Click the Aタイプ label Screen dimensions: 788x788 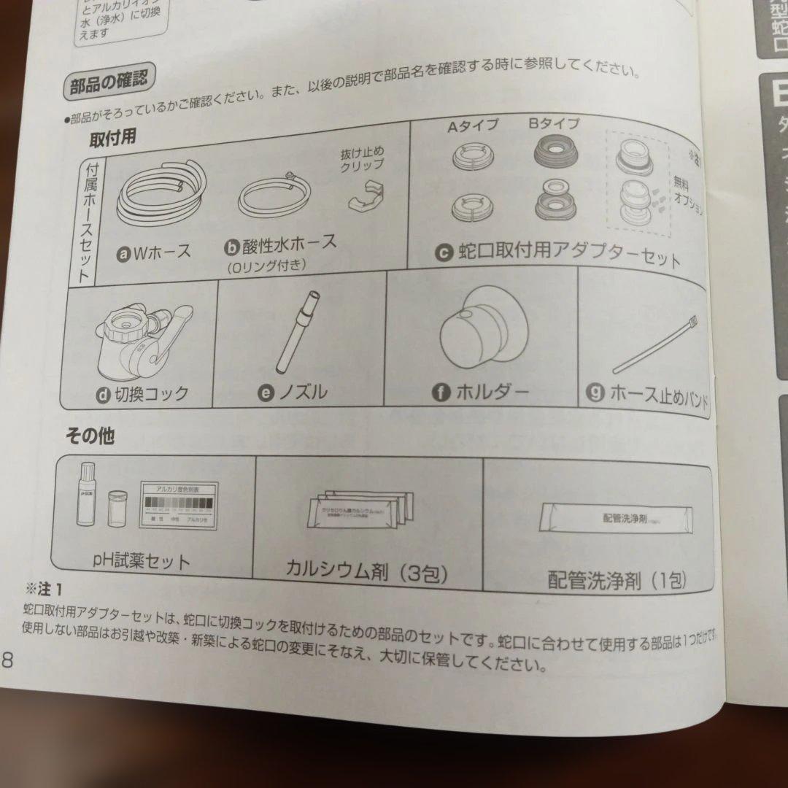pos(472,125)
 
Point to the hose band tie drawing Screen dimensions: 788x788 pos(656,344)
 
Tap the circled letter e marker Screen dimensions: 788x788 pos(266,393)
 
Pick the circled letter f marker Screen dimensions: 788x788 pos(441,393)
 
